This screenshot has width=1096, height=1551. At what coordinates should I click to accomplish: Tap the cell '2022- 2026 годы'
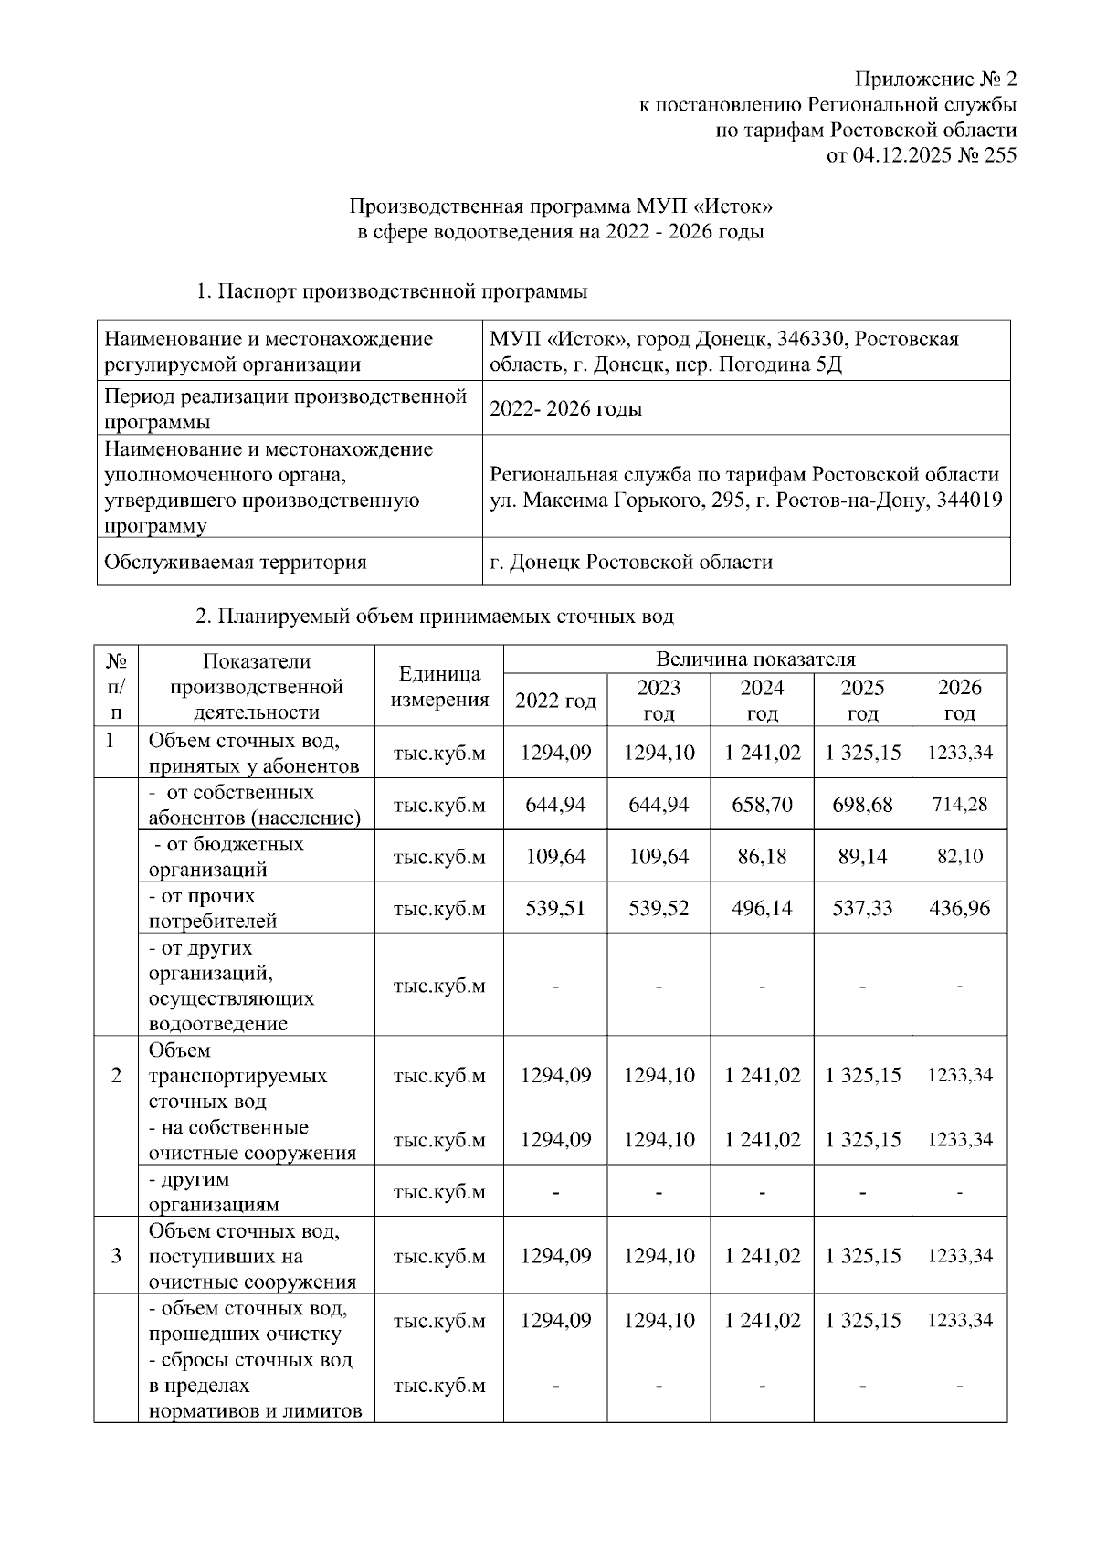click(x=565, y=409)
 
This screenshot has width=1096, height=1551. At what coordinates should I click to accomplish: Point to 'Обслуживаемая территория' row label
click(x=236, y=562)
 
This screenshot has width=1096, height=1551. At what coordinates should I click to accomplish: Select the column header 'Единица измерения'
click(x=439, y=687)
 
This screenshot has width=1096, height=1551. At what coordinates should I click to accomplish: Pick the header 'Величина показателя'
click(x=755, y=659)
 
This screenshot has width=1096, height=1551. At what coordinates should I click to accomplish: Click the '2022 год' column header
click(x=555, y=701)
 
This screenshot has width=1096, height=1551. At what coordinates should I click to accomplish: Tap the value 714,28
click(x=959, y=805)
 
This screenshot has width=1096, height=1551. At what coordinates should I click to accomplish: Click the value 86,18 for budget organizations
click(x=762, y=857)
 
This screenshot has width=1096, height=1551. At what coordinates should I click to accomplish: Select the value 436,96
click(x=959, y=909)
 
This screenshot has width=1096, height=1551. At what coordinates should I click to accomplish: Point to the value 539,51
click(x=555, y=909)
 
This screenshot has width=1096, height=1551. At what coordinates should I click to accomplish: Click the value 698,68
click(x=862, y=805)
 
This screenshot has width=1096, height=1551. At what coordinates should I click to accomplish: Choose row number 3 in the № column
click(x=116, y=1256)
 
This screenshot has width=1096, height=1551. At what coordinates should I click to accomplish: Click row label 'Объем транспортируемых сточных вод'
click(x=237, y=1075)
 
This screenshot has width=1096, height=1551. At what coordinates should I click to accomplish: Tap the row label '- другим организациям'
click(x=214, y=1191)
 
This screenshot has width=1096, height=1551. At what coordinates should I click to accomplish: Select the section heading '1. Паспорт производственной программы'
click(x=392, y=292)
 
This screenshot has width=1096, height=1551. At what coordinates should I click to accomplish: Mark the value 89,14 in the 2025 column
click(x=862, y=857)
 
